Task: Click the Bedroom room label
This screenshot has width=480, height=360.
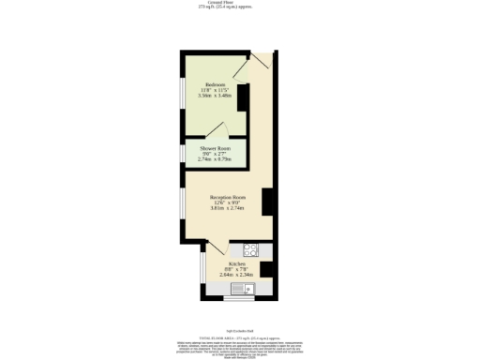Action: tap(215, 83)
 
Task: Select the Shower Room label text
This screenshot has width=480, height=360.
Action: tap(215, 149)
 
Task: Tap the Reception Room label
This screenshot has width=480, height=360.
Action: tap(227, 197)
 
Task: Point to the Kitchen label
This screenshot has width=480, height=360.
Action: tap(237, 263)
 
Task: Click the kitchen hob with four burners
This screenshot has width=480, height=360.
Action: tap(250, 249)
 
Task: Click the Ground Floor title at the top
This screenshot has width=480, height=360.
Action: tap(239, 3)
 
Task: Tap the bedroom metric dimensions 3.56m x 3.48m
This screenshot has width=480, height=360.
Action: tap(215, 95)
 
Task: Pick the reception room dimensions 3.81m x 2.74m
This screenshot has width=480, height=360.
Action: tap(227, 208)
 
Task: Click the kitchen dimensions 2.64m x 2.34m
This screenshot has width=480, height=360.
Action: tap(237, 275)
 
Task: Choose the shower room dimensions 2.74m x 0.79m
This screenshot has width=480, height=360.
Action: tap(215, 160)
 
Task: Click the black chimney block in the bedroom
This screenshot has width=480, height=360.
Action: tap(242, 98)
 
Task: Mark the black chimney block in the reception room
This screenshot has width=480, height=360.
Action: tap(267, 201)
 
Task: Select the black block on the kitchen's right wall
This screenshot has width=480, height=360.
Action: tap(266, 269)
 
